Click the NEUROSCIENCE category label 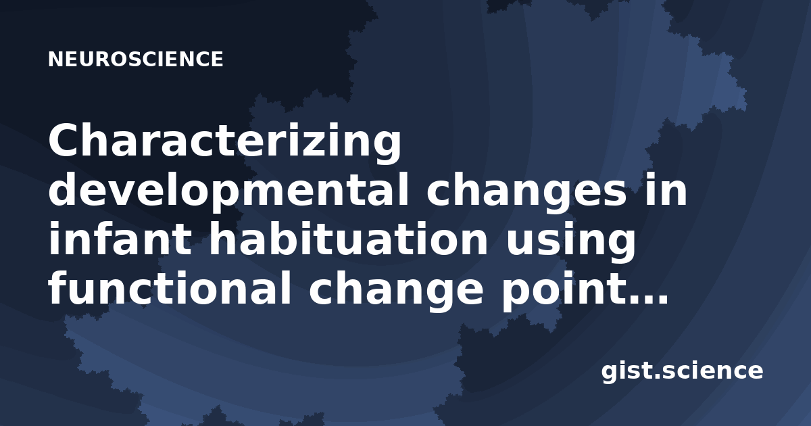pos(136,59)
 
